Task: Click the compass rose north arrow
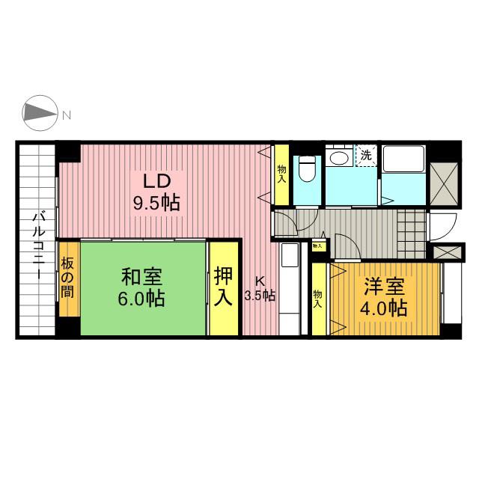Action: pyautogui.click(x=40, y=113)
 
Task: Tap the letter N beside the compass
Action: pyautogui.click(x=67, y=115)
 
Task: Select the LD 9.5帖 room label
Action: pyautogui.click(x=156, y=192)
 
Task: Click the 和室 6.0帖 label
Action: pyautogui.click(x=141, y=287)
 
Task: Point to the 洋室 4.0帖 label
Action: pyautogui.click(x=384, y=297)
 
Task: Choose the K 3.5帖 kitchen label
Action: pyautogui.click(x=260, y=289)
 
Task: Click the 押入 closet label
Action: pyautogui.click(x=223, y=286)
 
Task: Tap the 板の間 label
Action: pyautogui.click(x=67, y=278)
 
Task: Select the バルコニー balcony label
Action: pyautogui.click(x=39, y=246)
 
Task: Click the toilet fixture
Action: pyautogui.click(x=308, y=169)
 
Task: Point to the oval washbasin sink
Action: pyautogui.click(x=339, y=159)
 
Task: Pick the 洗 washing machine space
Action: pyautogui.click(x=366, y=156)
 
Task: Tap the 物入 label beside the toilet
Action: pyautogui.click(x=281, y=174)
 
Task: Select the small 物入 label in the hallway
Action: pyautogui.click(x=317, y=245)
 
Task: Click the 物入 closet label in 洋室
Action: pyautogui.click(x=317, y=299)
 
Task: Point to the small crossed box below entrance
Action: pyautogui.click(x=448, y=252)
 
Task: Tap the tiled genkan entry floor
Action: pyautogui.click(x=412, y=234)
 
